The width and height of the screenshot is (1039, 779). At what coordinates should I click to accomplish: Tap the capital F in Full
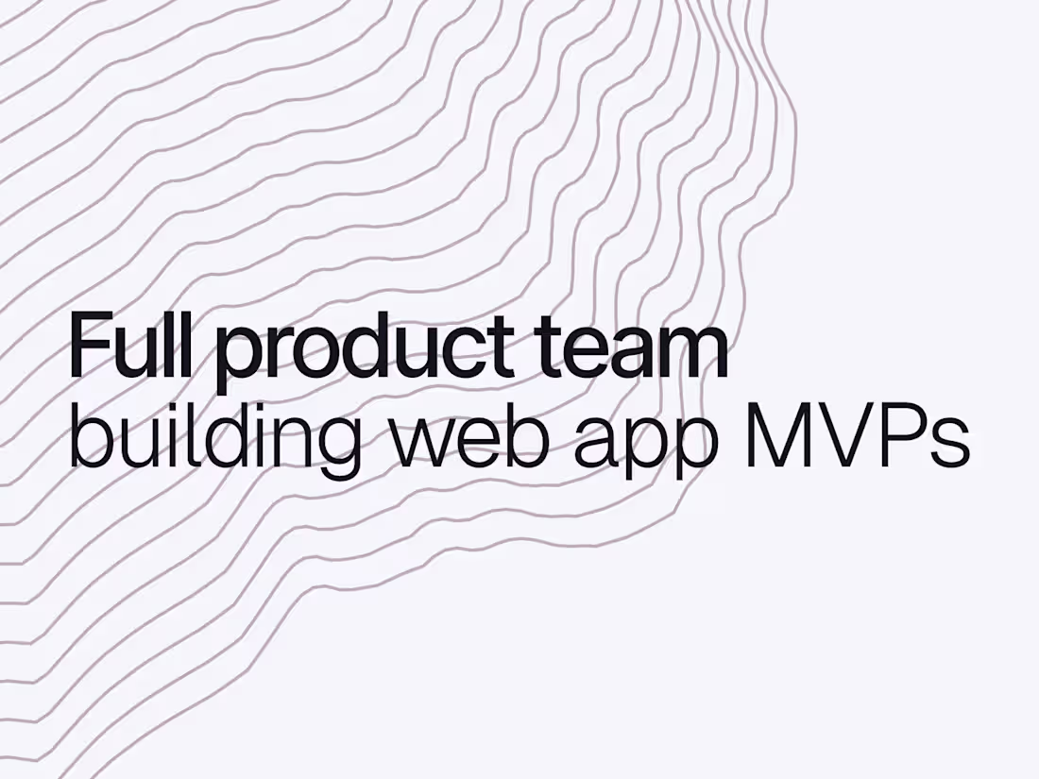(x=88, y=346)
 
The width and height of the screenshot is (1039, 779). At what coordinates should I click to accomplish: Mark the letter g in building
(x=336, y=449)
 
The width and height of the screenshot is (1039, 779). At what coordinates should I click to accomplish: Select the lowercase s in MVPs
(x=952, y=443)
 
